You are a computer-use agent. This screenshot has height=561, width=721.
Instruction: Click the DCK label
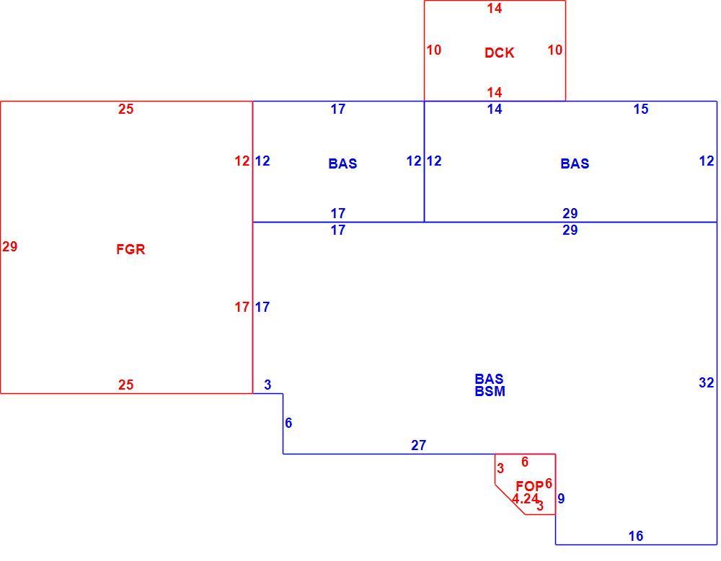(x=499, y=53)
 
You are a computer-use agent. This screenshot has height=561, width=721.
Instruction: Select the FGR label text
(x=131, y=249)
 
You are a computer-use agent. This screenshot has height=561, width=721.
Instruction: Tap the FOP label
(x=529, y=486)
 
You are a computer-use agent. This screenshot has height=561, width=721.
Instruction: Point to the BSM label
(x=490, y=392)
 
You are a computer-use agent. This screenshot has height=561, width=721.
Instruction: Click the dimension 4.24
(x=525, y=498)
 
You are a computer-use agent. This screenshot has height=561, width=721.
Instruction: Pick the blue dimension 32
(x=707, y=382)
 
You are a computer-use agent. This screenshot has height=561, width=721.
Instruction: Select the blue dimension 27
(x=418, y=445)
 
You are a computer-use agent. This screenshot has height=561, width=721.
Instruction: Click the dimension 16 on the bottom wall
(x=636, y=536)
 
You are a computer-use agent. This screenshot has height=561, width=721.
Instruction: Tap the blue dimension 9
(x=561, y=498)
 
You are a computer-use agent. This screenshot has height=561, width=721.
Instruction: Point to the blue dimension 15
(x=641, y=109)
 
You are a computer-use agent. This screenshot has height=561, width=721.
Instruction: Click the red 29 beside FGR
(x=9, y=247)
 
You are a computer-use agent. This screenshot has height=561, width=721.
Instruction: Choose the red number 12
(x=242, y=161)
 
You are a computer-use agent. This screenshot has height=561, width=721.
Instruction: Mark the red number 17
(x=242, y=307)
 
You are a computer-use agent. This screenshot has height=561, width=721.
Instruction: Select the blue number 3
(x=267, y=385)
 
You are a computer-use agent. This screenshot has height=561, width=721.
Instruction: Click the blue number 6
(x=288, y=423)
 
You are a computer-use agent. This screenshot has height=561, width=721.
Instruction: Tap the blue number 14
(x=495, y=109)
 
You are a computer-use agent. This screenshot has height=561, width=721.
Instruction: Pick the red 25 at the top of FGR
(x=125, y=109)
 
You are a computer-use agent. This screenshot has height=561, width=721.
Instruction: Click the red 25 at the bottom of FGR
(x=125, y=385)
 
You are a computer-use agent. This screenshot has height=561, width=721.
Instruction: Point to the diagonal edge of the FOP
(x=510, y=499)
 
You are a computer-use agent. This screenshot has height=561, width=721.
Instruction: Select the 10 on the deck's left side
(x=433, y=50)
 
